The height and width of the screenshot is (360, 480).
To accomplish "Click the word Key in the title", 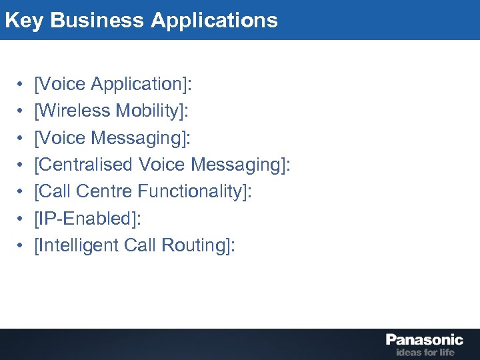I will point(24,20).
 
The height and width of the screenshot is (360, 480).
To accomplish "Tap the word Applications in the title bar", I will point(214,20).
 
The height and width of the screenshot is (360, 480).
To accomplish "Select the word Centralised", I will point(87,165).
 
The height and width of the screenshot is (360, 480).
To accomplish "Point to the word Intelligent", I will point(81,245).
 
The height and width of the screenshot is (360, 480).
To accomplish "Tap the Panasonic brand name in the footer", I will point(425,339).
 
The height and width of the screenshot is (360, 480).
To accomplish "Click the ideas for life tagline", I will point(425,352).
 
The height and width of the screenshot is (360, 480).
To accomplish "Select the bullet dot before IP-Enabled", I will point(21,219).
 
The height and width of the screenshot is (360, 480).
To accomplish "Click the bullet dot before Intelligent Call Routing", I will point(21,245).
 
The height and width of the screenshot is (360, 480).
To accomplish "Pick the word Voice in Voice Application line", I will point(63,85).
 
